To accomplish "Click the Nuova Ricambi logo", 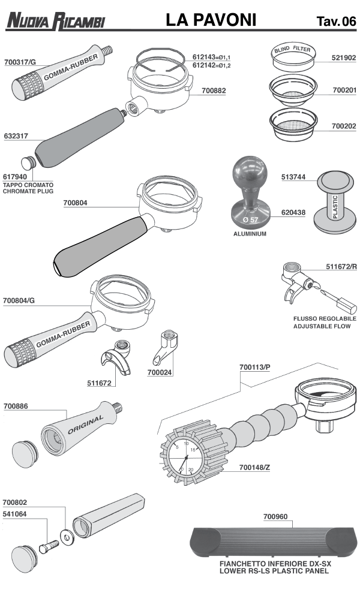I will [55, 22].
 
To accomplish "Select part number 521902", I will [344, 59].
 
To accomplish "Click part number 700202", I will [344, 127].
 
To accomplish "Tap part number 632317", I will [16, 136].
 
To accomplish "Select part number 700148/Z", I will [254, 467].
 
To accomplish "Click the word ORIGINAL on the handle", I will [86, 424].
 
